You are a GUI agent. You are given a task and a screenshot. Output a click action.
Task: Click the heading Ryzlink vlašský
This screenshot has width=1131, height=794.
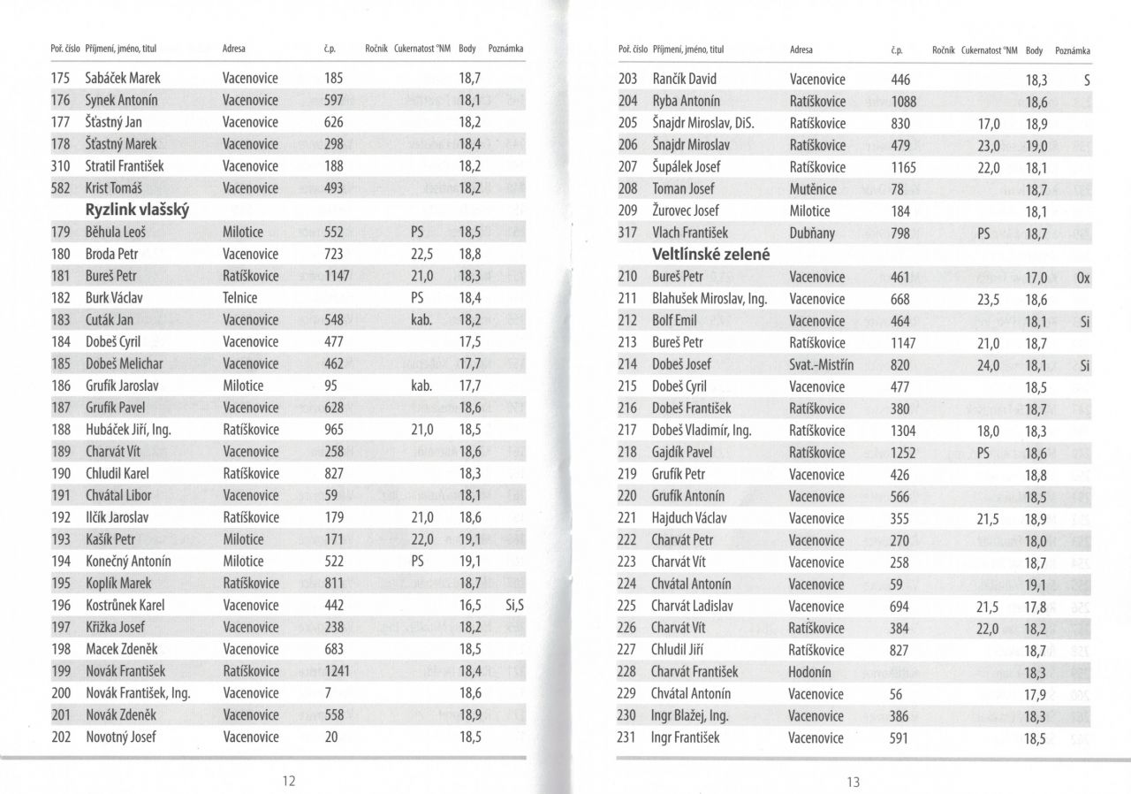point(138,210)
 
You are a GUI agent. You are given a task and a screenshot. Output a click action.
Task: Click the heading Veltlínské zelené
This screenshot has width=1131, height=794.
point(711,255)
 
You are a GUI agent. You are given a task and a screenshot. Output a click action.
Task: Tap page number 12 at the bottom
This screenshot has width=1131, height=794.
point(288,781)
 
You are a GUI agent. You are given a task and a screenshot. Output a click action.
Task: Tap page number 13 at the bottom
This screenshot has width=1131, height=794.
point(852,782)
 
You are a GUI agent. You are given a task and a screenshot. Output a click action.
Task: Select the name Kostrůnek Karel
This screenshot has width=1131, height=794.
point(125,606)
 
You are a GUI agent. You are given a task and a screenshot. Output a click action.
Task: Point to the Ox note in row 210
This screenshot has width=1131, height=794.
point(1083,278)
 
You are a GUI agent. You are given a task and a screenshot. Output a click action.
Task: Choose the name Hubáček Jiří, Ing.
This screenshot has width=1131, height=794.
point(127,430)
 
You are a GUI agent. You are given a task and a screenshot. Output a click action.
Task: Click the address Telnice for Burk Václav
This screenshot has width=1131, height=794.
point(240,298)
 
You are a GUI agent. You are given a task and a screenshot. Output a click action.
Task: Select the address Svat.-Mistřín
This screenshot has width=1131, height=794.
point(822,364)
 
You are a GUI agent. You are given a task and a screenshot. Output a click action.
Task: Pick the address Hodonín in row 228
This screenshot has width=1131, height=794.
point(810,672)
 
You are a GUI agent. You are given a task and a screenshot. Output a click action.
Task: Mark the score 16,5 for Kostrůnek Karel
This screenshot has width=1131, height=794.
point(470,606)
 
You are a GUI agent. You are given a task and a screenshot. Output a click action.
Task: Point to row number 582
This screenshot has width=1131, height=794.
point(61,188)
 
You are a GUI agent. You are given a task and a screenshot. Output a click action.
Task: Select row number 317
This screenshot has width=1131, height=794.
point(628,233)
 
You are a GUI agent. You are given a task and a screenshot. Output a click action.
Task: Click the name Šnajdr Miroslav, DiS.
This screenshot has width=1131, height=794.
point(709,124)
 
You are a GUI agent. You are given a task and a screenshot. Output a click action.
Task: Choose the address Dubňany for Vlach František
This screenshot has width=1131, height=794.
point(812,233)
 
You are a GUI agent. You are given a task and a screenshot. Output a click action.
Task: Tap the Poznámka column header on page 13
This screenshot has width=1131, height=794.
point(1073,50)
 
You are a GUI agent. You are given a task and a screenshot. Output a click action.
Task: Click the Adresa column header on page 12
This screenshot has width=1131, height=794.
point(234,49)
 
